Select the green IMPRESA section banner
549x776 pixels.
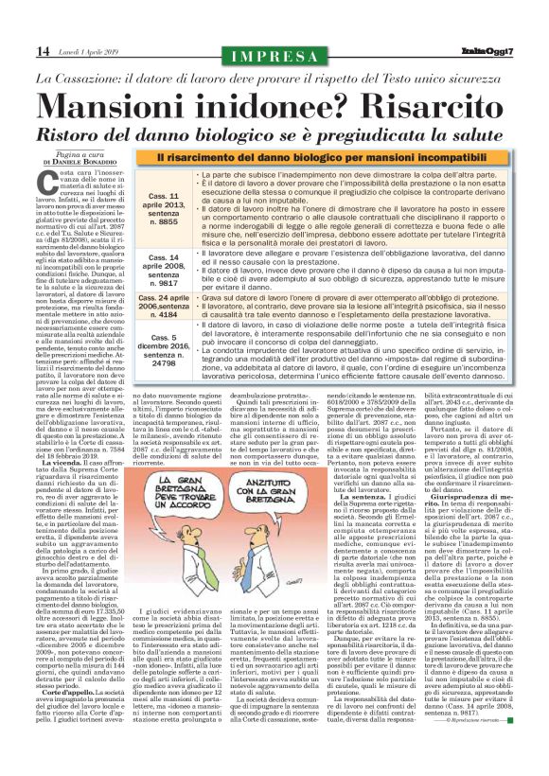point(274,51)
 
